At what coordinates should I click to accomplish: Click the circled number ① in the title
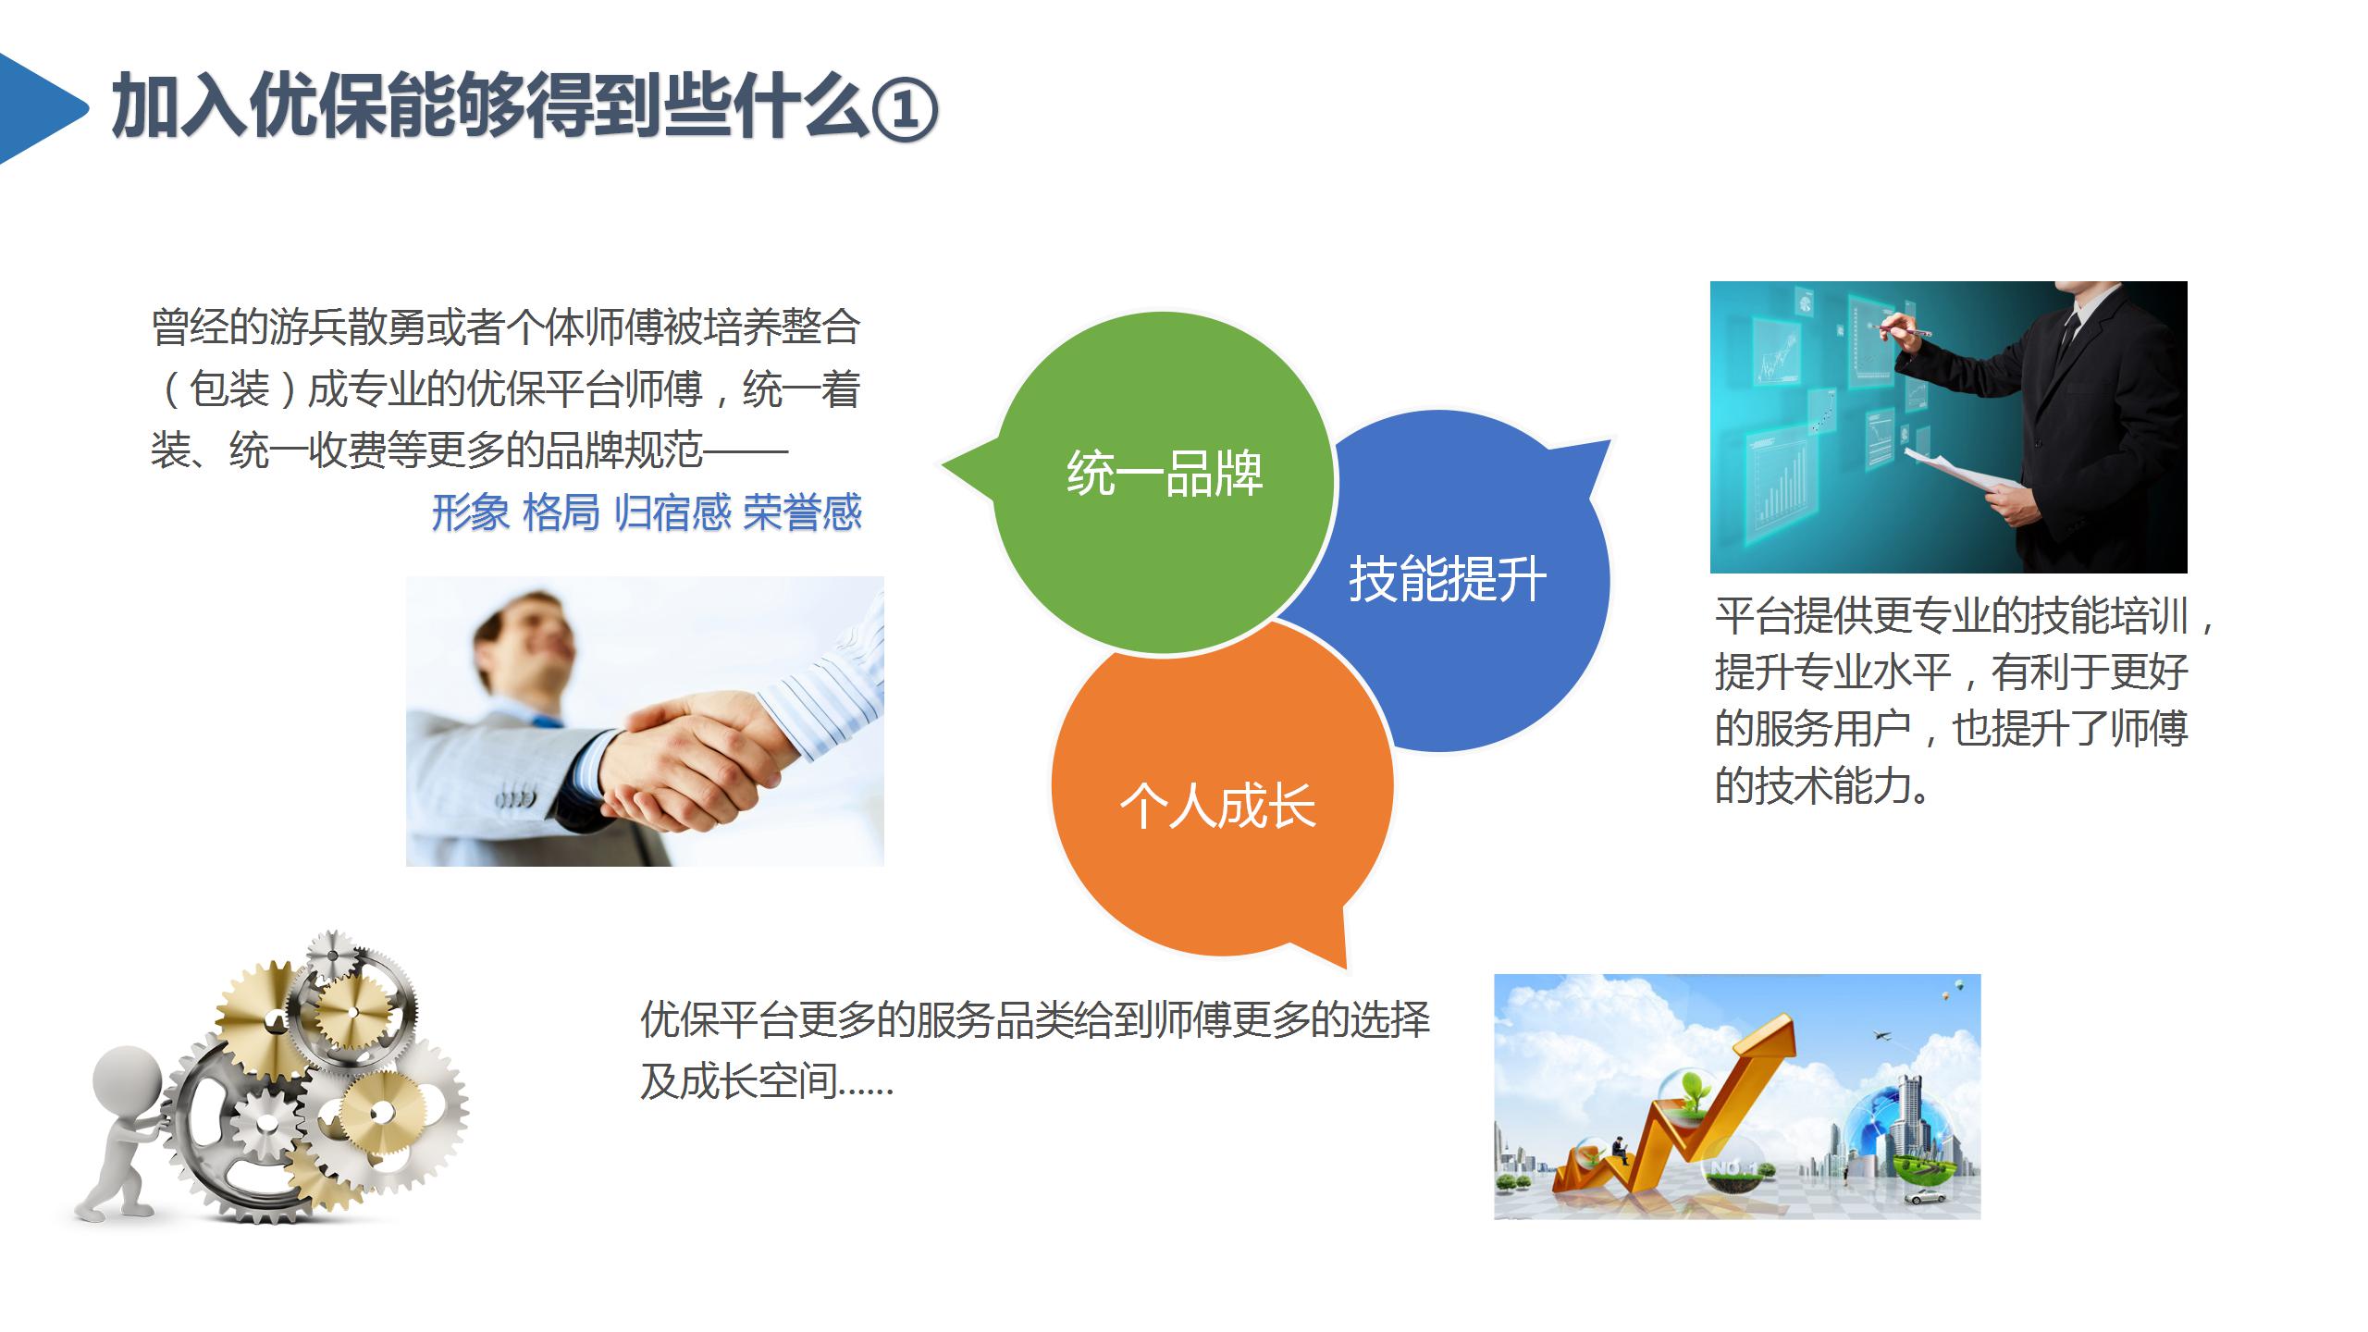905,108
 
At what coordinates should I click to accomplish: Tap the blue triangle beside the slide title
37,108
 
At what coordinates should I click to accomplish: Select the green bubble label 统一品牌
1165,474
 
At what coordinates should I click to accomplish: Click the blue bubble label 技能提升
1448,580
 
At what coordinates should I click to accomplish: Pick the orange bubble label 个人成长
1217,806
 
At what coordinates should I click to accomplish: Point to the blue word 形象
470,512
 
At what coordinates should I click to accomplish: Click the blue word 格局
561,512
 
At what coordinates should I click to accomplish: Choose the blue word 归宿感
672,512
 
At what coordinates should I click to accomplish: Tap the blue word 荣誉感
802,512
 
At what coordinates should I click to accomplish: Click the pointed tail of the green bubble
943,462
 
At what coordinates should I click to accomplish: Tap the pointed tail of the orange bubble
1346,968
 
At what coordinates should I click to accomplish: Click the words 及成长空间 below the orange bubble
738,1081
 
